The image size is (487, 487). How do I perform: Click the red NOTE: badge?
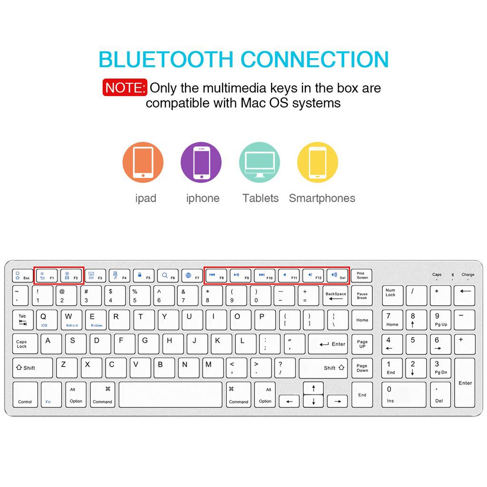[124, 88]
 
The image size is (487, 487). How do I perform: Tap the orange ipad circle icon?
[143, 162]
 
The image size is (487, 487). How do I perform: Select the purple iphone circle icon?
[201, 162]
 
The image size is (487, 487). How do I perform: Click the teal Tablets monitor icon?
[259, 162]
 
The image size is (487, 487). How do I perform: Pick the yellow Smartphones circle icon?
[317, 162]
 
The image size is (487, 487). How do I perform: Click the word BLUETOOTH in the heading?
[166, 59]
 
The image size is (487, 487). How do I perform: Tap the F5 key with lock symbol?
[144, 276]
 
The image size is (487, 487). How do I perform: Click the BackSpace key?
[336, 296]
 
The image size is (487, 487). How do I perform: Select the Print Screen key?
[362, 276]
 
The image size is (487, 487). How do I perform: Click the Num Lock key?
[392, 296]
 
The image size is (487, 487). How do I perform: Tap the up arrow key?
[313, 388]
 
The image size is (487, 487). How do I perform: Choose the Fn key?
[51, 394]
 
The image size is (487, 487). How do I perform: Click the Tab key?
[23, 320]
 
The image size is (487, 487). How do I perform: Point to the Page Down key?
[362, 368]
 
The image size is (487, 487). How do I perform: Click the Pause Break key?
[362, 296]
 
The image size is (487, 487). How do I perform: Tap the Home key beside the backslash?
[362, 320]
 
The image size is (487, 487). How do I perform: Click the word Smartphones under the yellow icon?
[322, 198]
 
